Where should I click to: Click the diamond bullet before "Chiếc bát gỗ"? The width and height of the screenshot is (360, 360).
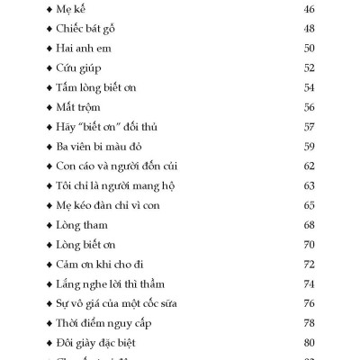[x=48, y=29]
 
